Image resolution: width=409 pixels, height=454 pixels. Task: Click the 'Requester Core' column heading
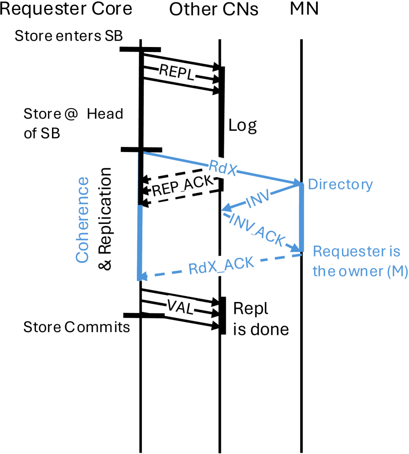click(x=66, y=9)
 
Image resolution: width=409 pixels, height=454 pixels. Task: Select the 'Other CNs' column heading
click(x=213, y=10)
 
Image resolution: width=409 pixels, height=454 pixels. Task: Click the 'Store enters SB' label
click(x=68, y=36)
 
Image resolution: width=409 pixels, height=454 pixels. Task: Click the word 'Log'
click(x=243, y=126)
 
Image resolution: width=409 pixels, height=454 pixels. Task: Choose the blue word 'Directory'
click(x=340, y=184)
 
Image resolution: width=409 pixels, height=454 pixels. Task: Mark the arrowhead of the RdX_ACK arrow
click(x=142, y=277)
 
